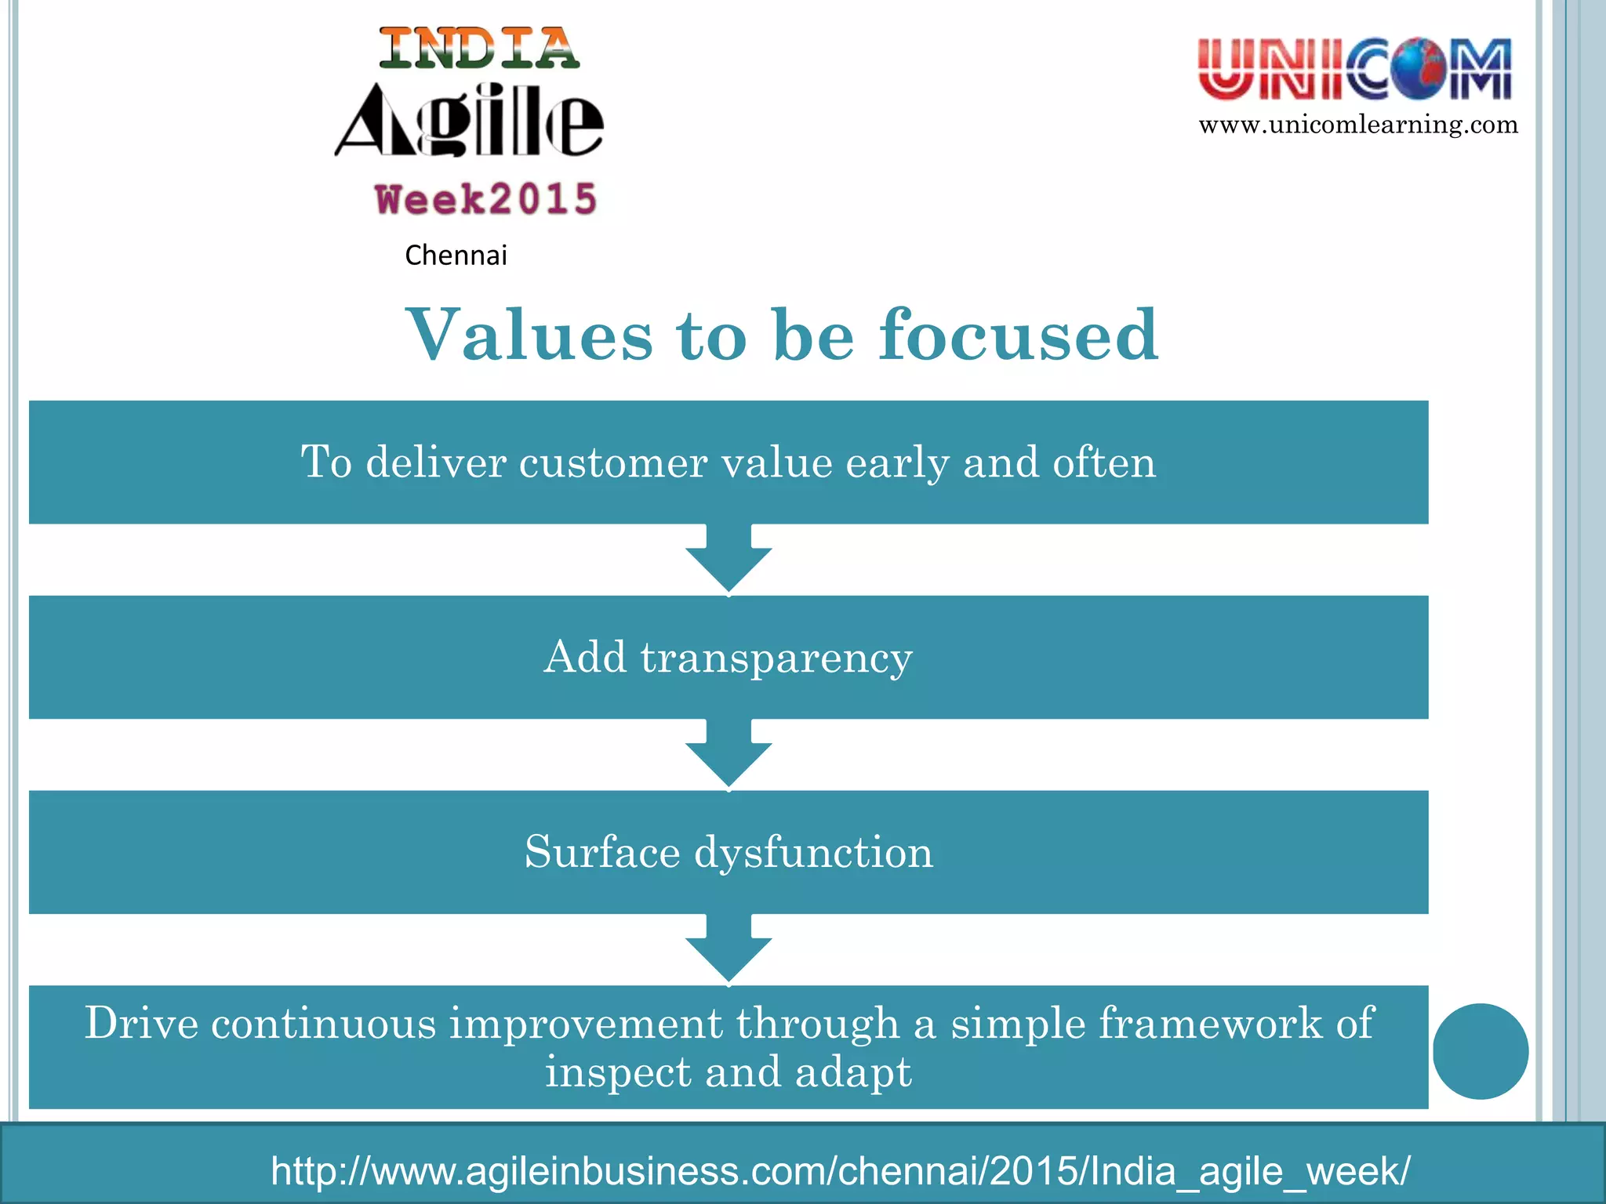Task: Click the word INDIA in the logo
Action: [x=479, y=49]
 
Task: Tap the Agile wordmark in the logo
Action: [x=469, y=121]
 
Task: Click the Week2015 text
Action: [x=486, y=199]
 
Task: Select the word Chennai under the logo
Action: [x=456, y=256]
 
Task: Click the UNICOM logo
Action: [x=1354, y=70]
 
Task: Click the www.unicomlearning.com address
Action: [x=1358, y=125]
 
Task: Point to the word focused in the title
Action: [x=1018, y=335]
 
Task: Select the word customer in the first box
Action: [x=613, y=462]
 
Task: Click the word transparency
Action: [x=776, y=658]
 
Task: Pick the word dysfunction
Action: [x=814, y=852]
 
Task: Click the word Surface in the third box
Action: [x=602, y=852]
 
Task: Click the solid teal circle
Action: [x=1481, y=1051]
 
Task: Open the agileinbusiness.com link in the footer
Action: [x=840, y=1171]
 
